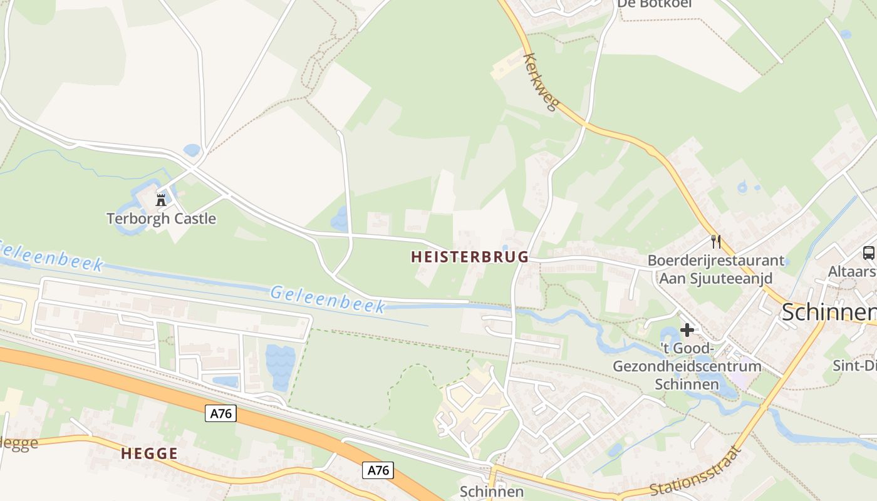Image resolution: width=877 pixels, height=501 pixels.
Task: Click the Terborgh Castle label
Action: click(x=161, y=219)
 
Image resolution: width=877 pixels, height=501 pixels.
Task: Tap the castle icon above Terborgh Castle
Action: click(x=161, y=200)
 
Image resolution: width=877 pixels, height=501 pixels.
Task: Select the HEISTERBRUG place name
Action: click(x=470, y=257)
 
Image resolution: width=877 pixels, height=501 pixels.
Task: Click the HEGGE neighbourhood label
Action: click(x=149, y=454)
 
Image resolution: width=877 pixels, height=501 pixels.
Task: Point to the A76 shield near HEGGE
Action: click(x=221, y=413)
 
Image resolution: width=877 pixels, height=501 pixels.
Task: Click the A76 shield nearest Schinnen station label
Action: click(x=378, y=470)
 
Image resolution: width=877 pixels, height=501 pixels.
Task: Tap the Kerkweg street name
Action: click(x=539, y=82)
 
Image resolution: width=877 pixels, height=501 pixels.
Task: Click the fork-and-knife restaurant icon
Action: click(x=715, y=242)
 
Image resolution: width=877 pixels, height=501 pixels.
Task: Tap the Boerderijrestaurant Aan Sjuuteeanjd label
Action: click(x=715, y=269)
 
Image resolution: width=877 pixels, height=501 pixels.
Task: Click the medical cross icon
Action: click(x=687, y=330)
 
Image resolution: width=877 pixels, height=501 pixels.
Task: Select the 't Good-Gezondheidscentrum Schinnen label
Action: click(x=687, y=366)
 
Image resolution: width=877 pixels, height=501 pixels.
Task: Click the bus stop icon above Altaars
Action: click(x=868, y=253)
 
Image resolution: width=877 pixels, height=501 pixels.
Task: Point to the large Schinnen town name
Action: click(x=828, y=312)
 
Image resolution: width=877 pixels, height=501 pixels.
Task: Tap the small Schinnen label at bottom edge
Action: click(x=491, y=492)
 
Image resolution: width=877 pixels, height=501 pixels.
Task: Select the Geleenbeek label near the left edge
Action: click(x=50, y=256)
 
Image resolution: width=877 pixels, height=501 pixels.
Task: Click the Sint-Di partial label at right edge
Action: click(x=854, y=365)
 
